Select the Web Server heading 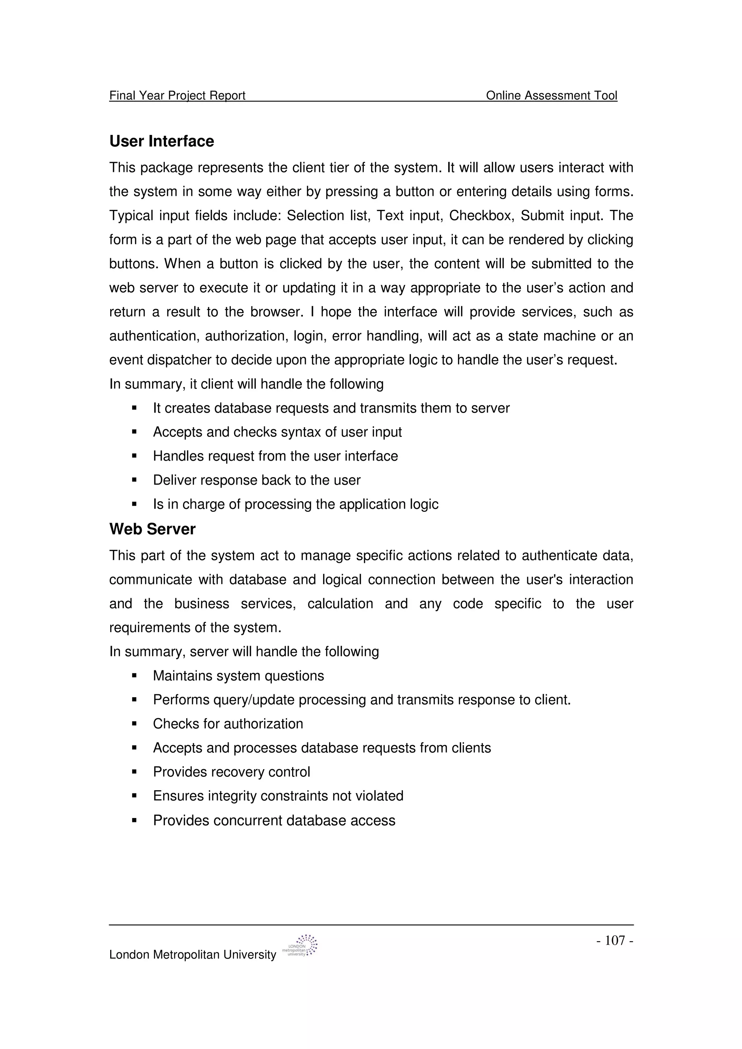click(152, 529)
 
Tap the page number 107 click(614, 940)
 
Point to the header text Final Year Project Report click(178, 96)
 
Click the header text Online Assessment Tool click(551, 96)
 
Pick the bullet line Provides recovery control click(232, 772)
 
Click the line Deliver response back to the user click(257, 480)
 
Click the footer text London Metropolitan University click(192, 955)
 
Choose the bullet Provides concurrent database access click(274, 821)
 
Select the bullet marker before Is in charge click(134, 504)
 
